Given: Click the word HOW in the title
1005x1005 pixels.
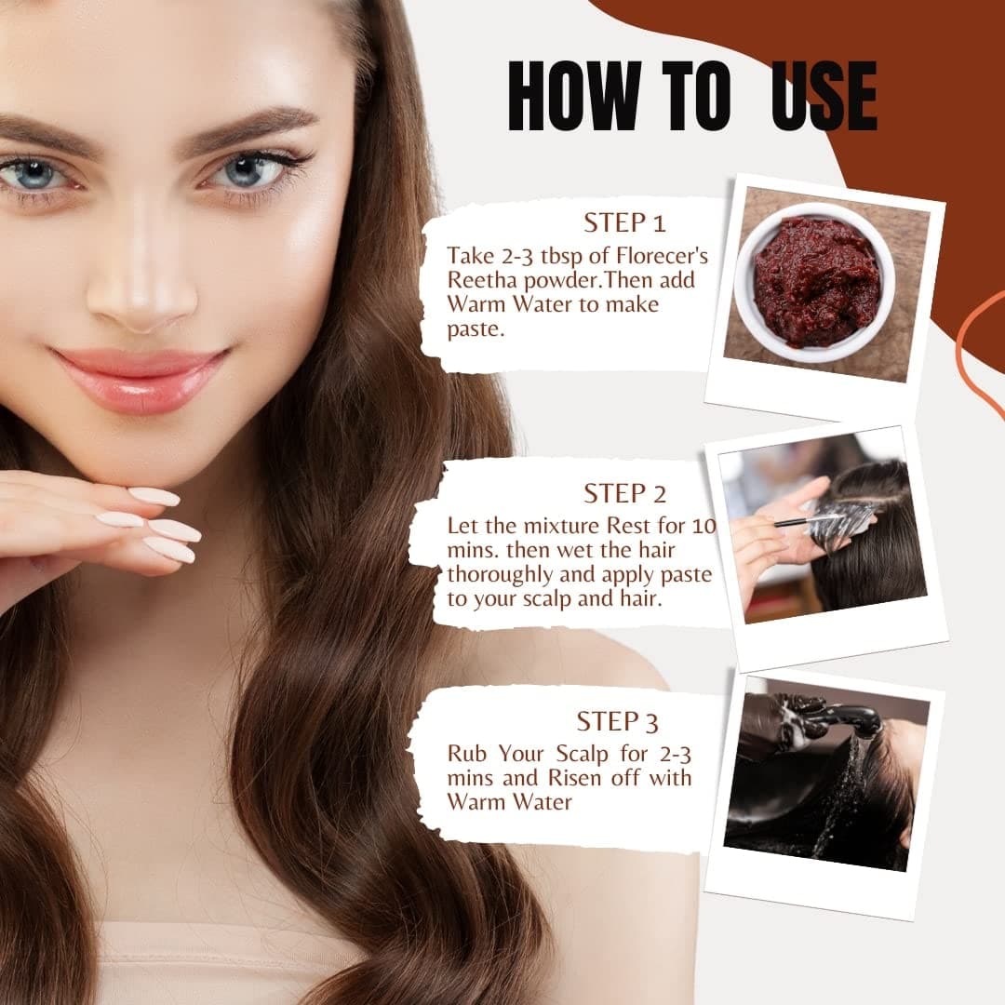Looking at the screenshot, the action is coord(573,96).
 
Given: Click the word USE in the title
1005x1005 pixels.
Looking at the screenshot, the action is coord(824,96).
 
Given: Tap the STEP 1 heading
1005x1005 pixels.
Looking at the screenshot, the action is coord(624,223).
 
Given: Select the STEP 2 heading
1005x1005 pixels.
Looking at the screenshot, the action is coord(624,493).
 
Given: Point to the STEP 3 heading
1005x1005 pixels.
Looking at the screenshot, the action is coord(617,722).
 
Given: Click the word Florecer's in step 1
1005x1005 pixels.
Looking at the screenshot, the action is coord(663,256).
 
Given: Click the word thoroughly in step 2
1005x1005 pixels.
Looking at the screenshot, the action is coord(500,574).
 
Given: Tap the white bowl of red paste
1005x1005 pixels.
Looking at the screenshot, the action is coord(814,282).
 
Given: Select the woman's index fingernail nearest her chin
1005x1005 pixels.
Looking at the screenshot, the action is coord(154,496).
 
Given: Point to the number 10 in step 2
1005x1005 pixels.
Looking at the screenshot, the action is coord(703,526).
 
